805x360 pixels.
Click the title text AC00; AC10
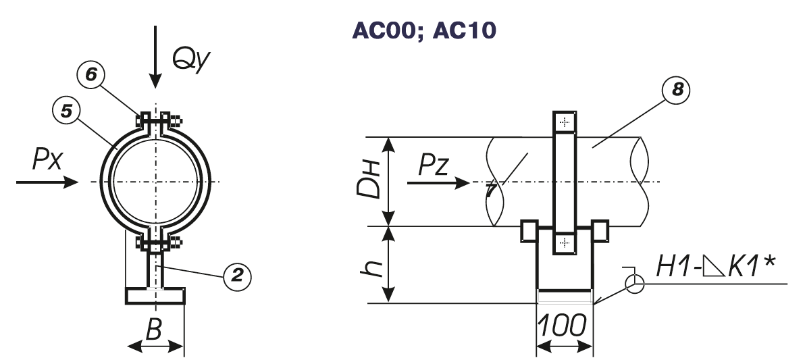[423, 30]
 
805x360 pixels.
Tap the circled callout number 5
[66, 111]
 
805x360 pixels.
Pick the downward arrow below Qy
[156, 57]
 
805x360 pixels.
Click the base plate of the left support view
[155, 296]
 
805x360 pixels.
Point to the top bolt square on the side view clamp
[564, 122]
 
